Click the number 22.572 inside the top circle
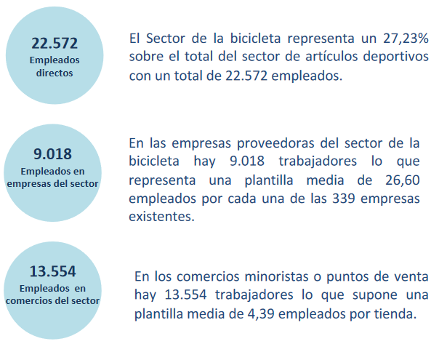(55, 44)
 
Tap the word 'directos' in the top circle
(55, 73)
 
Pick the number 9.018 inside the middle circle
(53, 153)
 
